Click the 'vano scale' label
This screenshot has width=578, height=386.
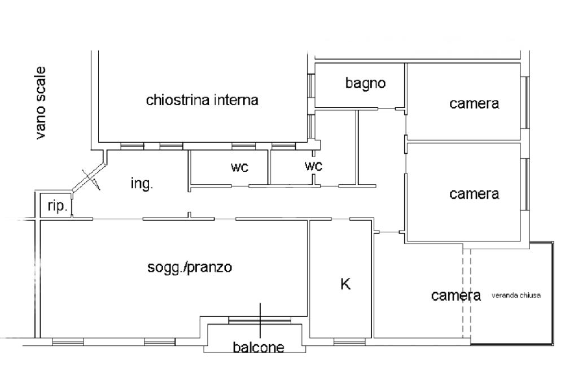click(41, 103)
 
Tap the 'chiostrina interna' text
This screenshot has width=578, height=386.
click(202, 100)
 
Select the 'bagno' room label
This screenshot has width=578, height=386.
click(365, 83)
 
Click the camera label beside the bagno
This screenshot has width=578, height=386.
click(474, 103)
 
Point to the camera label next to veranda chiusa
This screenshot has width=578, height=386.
click(456, 295)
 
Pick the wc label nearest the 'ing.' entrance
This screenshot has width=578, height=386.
click(239, 167)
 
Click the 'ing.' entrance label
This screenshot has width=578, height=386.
click(142, 184)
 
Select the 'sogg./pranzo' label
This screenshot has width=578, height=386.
click(190, 267)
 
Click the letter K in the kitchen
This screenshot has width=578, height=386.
click(345, 284)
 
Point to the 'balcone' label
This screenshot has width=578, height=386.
click(259, 347)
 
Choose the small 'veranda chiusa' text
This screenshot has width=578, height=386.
click(516, 295)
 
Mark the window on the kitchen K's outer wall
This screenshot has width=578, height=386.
click(350, 342)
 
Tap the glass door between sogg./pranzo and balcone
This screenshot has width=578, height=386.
click(260, 320)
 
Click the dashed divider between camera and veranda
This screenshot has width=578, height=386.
click(467, 293)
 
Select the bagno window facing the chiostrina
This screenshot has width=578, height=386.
click(312, 86)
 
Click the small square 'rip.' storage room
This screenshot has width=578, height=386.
click(55, 205)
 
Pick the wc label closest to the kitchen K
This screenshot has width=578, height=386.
click(313, 166)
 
